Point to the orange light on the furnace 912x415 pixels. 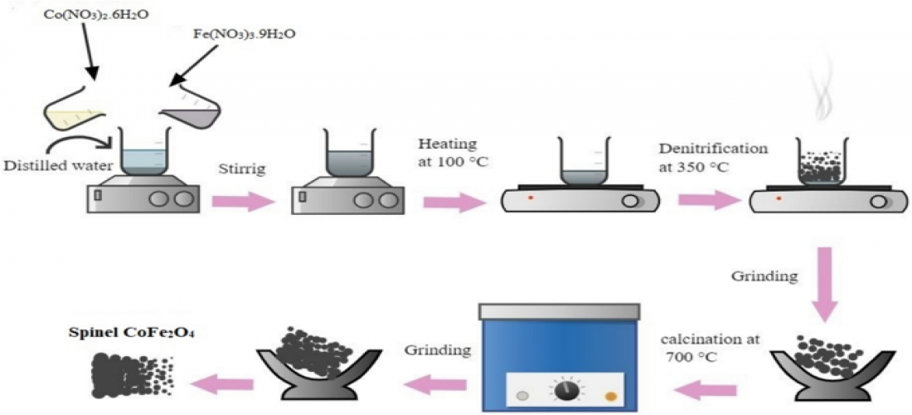click(x=612, y=394)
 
